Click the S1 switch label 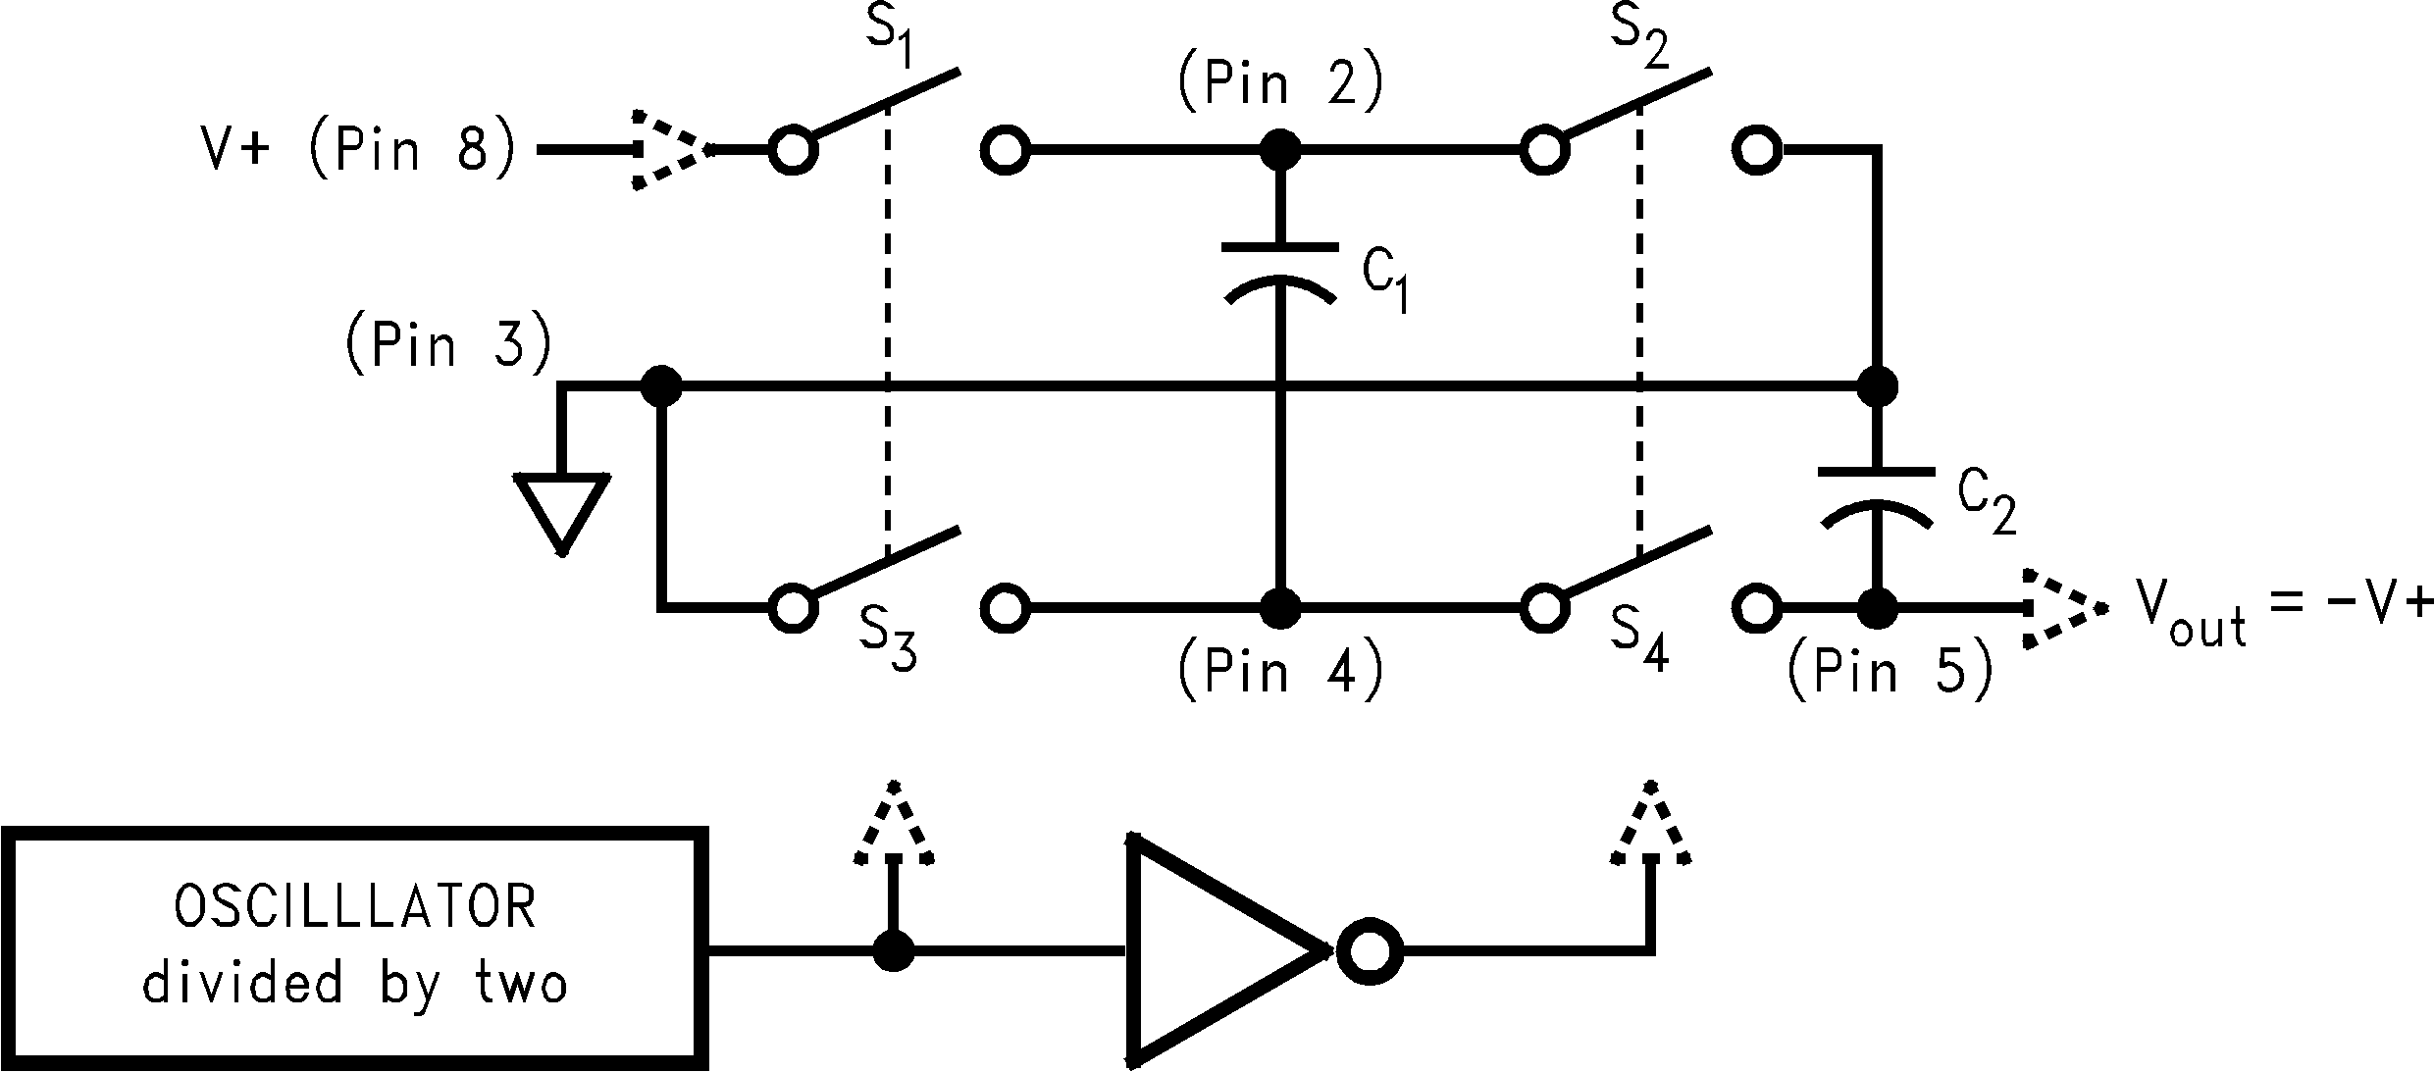892,41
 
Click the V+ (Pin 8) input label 358,151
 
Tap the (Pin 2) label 1279,82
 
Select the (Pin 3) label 448,346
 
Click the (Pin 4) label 1279,672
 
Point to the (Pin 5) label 1890,672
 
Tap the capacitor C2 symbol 1877,495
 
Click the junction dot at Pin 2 1279,151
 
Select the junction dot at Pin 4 1279,608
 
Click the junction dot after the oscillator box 893,950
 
